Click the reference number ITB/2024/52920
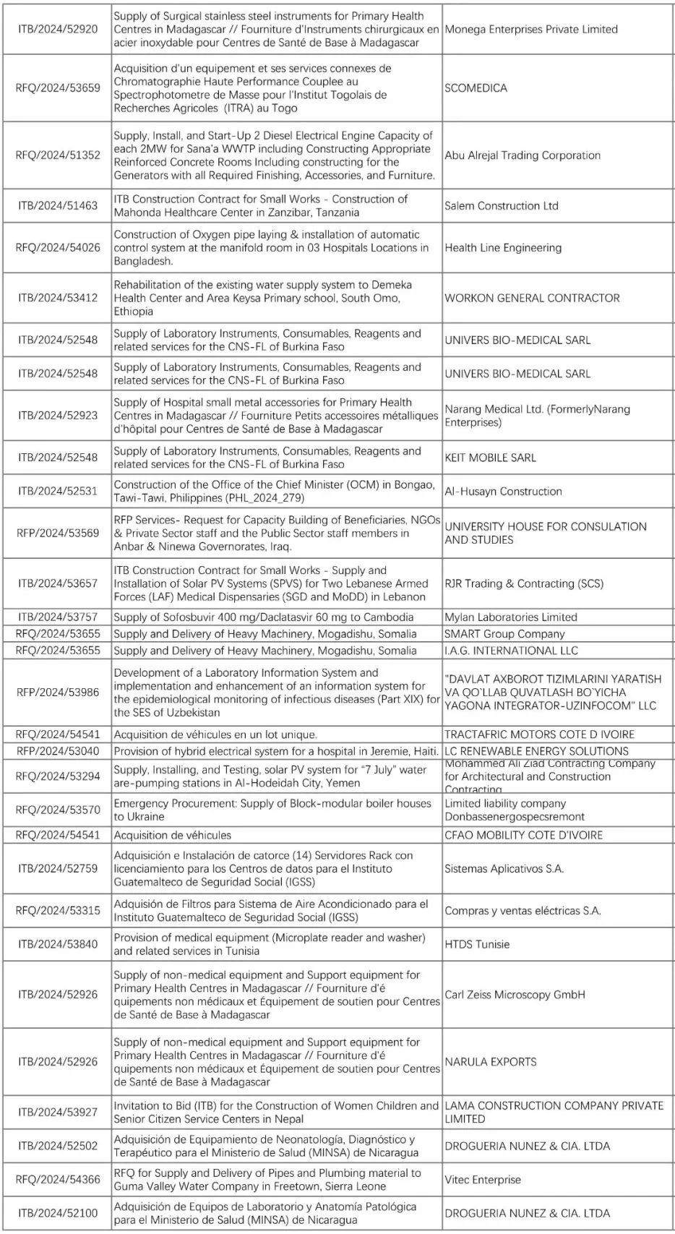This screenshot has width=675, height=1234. (58, 30)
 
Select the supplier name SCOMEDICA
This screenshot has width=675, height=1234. (476, 88)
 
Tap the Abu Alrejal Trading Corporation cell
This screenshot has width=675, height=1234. (523, 155)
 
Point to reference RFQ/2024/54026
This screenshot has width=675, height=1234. (58, 248)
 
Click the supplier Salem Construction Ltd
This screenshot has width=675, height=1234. (502, 206)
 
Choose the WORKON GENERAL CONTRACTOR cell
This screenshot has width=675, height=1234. (532, 298)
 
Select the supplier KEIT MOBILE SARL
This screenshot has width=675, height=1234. (490, 458)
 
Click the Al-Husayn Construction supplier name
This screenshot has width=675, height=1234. (503, 492)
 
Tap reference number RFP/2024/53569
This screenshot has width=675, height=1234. (58, 534)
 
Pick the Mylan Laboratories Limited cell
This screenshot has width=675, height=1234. (510, 617)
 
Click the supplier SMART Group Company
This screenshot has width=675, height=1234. (504, 634)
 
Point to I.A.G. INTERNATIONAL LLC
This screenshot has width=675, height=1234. (511, 651)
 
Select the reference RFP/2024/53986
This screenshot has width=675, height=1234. (58, 693)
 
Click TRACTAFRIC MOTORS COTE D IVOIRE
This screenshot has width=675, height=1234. (539, 734)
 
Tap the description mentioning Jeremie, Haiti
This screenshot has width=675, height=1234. (276, 751)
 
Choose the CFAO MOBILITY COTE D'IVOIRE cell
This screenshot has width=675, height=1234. (523, 835)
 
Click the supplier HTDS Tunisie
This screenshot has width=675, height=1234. (477, 944)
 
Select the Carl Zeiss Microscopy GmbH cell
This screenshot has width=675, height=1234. (515, 995)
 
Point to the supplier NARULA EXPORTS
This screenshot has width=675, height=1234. (490, 1062)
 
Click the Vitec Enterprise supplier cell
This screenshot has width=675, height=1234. (483, 1180)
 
